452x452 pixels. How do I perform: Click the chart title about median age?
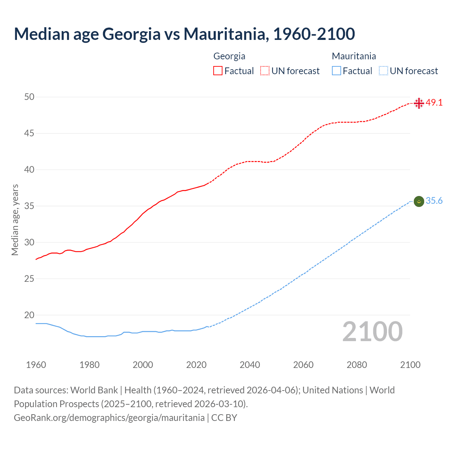coord(184,34)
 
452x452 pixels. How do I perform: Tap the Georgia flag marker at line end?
coord(419,103)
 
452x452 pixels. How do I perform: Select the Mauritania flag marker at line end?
coord(419,201)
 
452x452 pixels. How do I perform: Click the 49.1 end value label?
coord(434,103)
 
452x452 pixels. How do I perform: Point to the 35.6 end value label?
coord(434,201)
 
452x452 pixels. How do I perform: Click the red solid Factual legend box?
coord(218,71)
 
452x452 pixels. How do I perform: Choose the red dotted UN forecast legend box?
coord(265,71)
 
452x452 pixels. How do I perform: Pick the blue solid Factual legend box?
coord(337,71)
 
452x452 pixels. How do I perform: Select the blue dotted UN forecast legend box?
coord(383,71)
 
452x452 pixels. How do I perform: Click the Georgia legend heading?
coord(229,56)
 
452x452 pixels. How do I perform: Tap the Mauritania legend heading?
coord(354,56)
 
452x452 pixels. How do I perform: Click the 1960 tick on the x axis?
coord(36,365)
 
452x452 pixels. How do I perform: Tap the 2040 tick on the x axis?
coord(250,365)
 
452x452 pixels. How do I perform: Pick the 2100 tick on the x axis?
coord(410,365)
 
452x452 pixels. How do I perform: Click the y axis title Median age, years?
coord(15,220)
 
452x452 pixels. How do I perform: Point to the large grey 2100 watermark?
coord(372,332)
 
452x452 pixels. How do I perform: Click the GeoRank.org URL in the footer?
coord(109,418)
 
